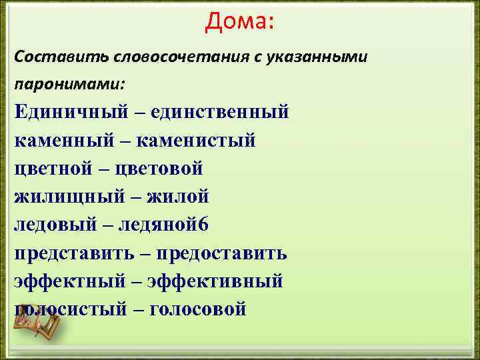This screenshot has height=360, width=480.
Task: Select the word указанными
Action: (x=316, y=56)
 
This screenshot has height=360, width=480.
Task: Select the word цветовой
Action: (x=159, y=169)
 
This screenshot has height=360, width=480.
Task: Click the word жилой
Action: (x=175, y=197)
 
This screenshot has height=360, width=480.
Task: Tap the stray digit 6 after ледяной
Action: (x=204, y=225)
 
